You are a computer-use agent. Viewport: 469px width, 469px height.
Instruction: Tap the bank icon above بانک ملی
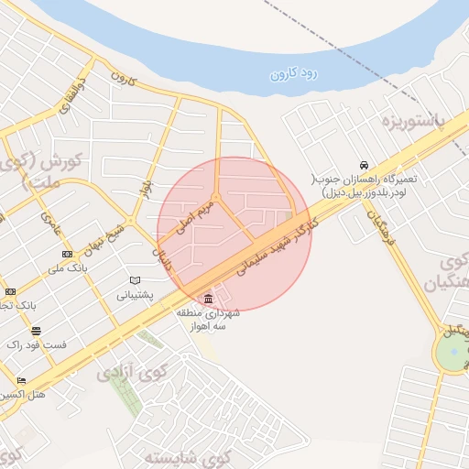tap(67, 254)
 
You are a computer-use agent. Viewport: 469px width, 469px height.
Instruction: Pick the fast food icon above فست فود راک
tap(36, 331)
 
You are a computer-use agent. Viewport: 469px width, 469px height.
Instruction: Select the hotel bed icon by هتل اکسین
tap(21, 380)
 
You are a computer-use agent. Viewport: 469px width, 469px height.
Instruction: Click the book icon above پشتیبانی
tap(136, 280)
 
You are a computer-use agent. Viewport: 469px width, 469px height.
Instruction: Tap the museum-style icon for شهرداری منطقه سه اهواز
tap(210, 300)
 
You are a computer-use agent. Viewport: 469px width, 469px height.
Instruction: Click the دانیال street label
tap(163, 259)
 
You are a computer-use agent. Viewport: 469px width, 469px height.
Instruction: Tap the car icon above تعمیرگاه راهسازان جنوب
tap(365, 165)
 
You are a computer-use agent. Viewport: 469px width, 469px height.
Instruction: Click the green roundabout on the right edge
tap(452, 354)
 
